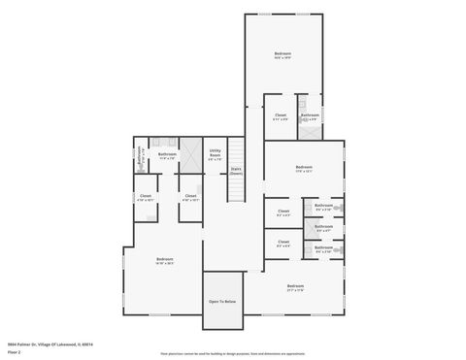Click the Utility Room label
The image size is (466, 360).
pyautogui.click(x=215, y=153)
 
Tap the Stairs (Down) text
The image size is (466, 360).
pyautogui.click(x=236, y=171)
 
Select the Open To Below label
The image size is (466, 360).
pyautogui.click(x=221, y=302)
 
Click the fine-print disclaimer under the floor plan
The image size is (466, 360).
pyautogui.click(x=232, y=354)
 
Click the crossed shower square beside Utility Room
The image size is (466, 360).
pyautogui.click(x=190, y=153)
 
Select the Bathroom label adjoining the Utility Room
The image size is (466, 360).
pyautogui.click(x=166, y=154)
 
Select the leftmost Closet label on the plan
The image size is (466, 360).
pyautogui.click(x=146, y=197)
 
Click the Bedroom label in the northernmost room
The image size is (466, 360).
pyautogui.click(x=282, y=54)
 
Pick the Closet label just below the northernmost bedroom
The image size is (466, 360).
pyautogui.click(x=280, y=116)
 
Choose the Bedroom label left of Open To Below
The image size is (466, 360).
pyautogui.click(x=165, y=260)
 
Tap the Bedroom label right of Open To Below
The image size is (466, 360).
pyautogui.click(x=295, y=287)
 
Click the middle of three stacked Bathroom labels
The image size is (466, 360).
pyautogui.click(x=323, y=228)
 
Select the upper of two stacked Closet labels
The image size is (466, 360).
pyautogui.click(x=283, y=212)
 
